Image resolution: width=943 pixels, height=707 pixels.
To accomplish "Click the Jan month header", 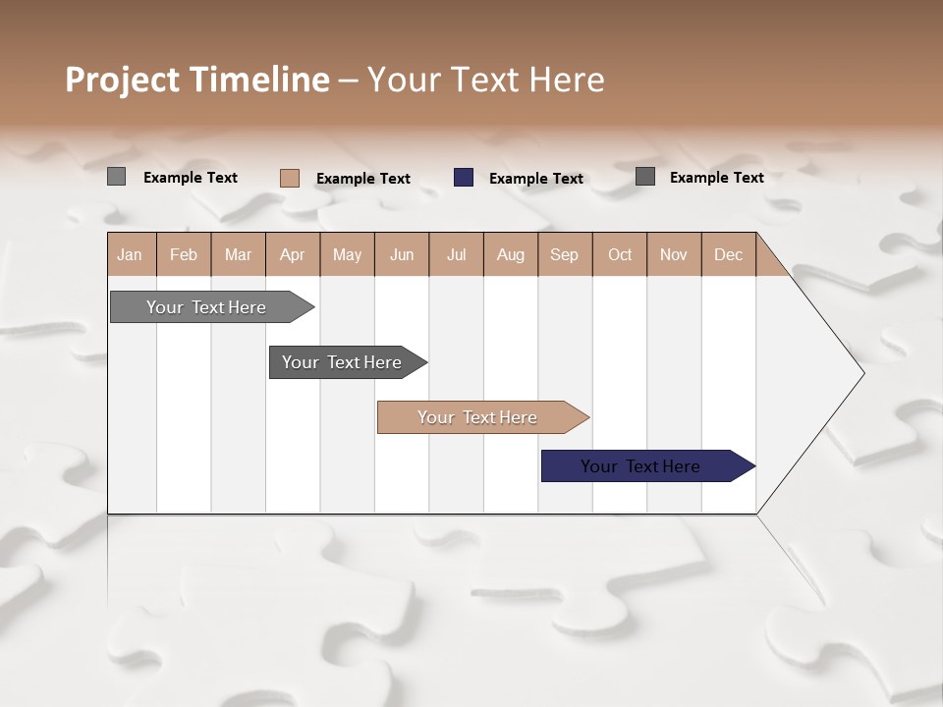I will [x=130, y=254].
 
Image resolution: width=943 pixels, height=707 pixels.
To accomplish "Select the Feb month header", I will [x=184, y=254].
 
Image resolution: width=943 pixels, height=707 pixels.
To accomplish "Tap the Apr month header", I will [x=292, y=254].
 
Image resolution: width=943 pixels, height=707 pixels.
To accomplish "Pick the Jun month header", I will [x=402, y=254].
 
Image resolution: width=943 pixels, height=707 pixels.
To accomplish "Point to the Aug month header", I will [x=511, y=254].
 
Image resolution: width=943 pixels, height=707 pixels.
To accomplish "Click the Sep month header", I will [x=565, y=254].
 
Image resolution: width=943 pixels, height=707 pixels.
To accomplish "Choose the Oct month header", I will [x=620, y=254].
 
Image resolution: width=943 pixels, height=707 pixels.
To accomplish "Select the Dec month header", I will [x=729, y=254].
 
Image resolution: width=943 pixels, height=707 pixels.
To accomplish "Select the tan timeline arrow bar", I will [x=478, y=417].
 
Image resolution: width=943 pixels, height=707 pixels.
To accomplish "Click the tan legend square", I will [x=290, y=178].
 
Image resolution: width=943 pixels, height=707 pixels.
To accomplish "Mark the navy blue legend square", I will [x=464, y=178].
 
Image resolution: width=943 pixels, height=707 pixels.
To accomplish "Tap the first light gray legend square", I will [x=117, y=177].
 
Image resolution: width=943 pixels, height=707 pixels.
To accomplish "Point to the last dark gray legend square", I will [x=645, y=177].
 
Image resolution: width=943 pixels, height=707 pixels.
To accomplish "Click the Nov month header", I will [x=674, y=254].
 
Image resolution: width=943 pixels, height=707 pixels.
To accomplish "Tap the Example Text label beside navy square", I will [x=536, y=179].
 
